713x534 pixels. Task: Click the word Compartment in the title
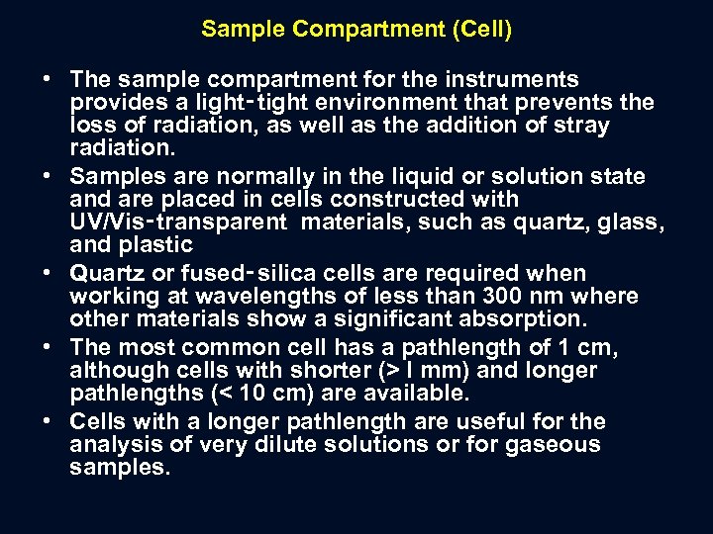[357, 30]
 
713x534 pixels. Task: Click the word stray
[581, 126]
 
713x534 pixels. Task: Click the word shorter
[335, 371]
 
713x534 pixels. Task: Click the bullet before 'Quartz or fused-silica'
[47, 274]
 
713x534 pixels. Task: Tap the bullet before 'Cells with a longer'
[47, 422]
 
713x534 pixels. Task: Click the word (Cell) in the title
[481, 30]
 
